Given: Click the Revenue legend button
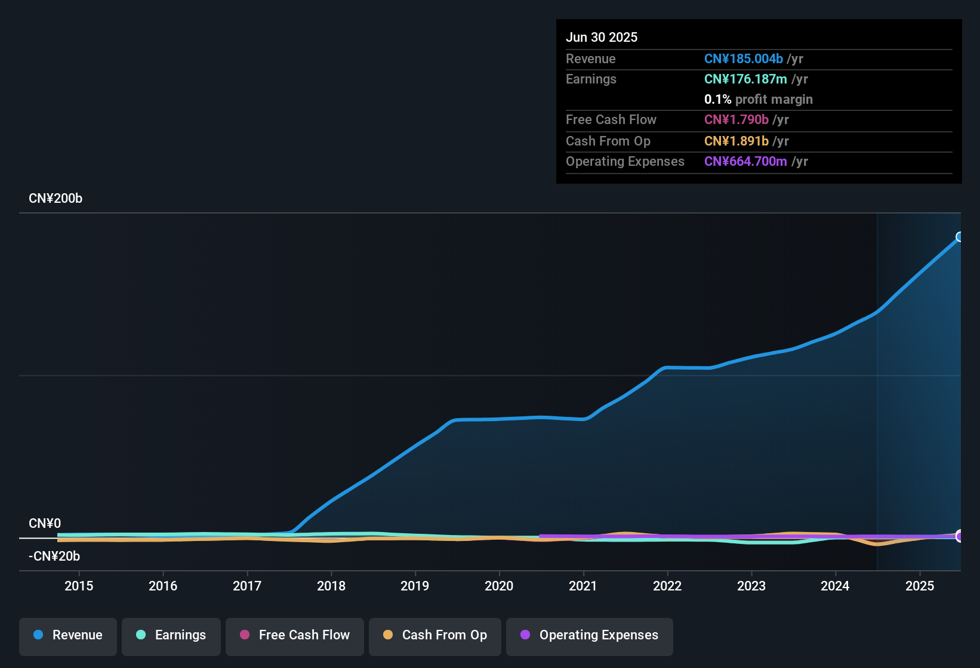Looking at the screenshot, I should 68,636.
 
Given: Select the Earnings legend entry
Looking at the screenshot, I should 171,636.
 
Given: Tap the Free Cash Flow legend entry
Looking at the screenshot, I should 295,636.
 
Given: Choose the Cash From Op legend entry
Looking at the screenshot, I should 435,636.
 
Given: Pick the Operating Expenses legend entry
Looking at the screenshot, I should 590,636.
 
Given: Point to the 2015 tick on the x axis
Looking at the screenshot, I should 79,586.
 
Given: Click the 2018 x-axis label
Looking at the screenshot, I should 331,586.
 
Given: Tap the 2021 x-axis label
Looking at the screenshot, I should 583,586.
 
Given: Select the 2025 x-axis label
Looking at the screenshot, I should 920,586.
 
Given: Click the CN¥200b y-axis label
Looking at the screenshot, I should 56,199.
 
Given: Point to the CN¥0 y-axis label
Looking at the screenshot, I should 45,524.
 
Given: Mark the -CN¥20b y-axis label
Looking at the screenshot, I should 54,556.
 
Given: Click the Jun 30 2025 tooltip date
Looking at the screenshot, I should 602,38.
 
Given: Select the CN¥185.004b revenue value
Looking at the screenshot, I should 743,59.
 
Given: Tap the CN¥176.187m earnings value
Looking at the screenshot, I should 745,79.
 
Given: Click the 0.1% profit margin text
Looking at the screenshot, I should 758,100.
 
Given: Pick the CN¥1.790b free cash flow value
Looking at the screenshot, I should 736,120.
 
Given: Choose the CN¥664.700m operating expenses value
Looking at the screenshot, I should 745,162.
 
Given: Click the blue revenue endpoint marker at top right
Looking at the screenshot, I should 960,237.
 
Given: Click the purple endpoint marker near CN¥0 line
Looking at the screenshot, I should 960,536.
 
